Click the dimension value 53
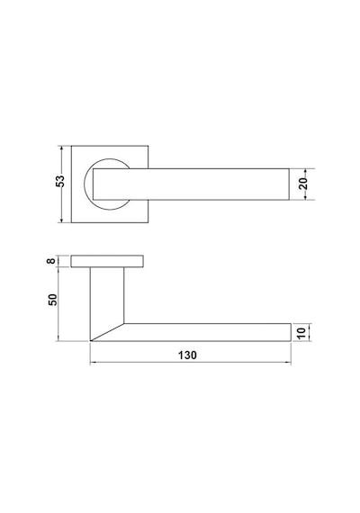tap(60, 181)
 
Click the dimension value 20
tap(303, 184)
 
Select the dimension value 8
tap(51, 261)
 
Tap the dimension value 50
tap(52, 300)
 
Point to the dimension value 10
tap(302, 333)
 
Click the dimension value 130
tap(187, 355)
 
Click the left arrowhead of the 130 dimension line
tap(93, 362)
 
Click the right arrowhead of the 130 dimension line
tap(288, 362)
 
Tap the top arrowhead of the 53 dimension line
tap(61, 148)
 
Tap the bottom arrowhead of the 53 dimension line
tap(61, 220)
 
